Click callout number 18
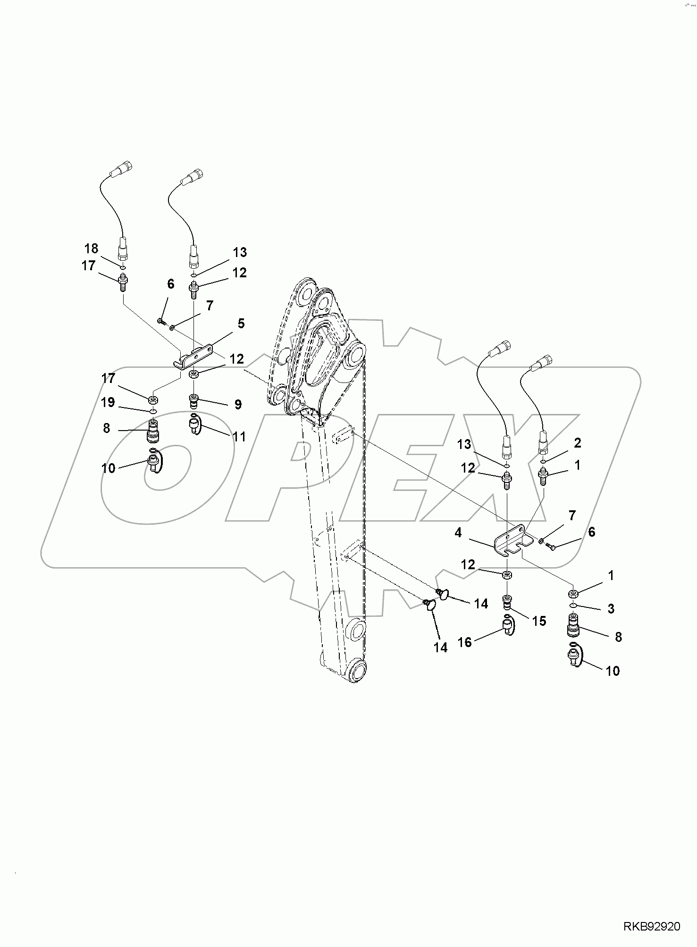point(92,248)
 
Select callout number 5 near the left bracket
point(241,324)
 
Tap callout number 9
point(238,404)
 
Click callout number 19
point(108,402)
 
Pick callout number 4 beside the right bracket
point(458,533)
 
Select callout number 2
point(577,443)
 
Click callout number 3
point(611,609)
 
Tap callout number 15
point(539,621)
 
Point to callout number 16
point(465,642)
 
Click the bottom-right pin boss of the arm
point(357,671)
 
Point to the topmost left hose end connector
point(124,167)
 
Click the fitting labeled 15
point(506,603)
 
